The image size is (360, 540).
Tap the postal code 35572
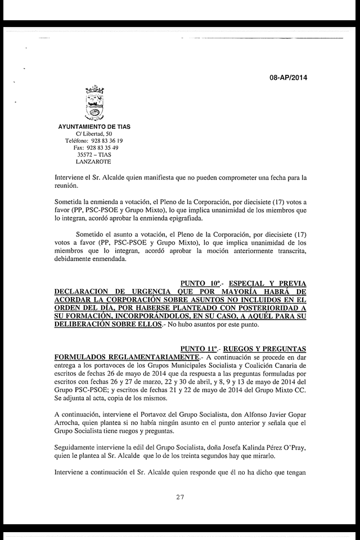click(x=85, y=155)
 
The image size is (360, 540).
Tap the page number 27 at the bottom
click(x=181, y=497)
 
